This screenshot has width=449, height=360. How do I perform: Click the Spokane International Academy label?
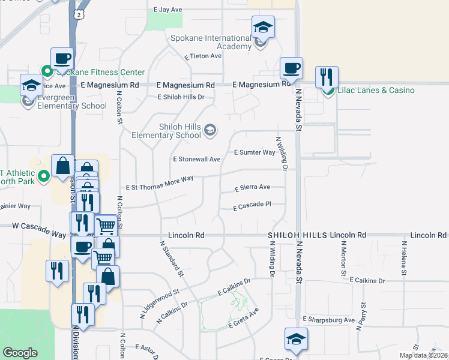pos(202,42)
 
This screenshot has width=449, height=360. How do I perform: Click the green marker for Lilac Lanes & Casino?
pos(328,91)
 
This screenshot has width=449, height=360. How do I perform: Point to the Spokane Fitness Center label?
pos(100,72)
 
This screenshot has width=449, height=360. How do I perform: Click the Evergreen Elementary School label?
pos(72,101)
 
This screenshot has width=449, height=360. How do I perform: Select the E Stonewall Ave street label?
pos(197,160)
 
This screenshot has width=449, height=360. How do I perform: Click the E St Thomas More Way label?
pos(159,179)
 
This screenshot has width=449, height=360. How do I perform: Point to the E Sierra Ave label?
pos(252,187)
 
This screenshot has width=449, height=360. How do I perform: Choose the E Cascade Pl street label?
pos(253,205)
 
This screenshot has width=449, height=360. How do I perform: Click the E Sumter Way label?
pos(255,152)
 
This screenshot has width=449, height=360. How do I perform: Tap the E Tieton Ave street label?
pos(203,56)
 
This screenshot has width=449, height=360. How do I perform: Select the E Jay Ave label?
pos(167,10)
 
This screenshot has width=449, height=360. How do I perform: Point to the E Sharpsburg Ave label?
pos(329,320)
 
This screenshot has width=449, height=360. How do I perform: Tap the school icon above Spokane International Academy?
pos(262,27)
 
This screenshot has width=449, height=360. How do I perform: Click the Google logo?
pos(20,353)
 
